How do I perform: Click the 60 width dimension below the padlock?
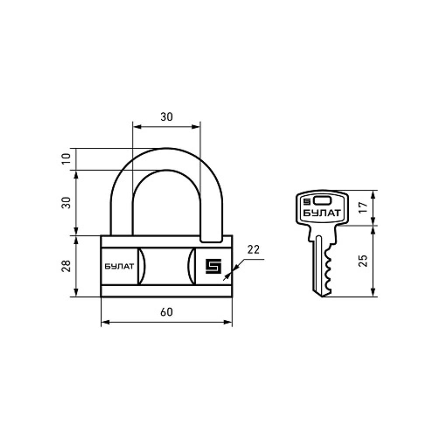[166, 312]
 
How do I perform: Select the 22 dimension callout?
[253, 250]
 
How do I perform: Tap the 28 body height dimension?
[66, 266]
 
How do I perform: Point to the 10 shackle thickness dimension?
[66, 159]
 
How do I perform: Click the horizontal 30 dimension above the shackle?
[166, 117]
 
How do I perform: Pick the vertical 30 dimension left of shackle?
[66, 203]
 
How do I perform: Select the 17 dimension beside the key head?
[363, 208]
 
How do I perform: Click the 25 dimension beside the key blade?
[363, 260]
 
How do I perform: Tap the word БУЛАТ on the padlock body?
[119, 267]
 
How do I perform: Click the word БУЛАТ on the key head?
[322, 213]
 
